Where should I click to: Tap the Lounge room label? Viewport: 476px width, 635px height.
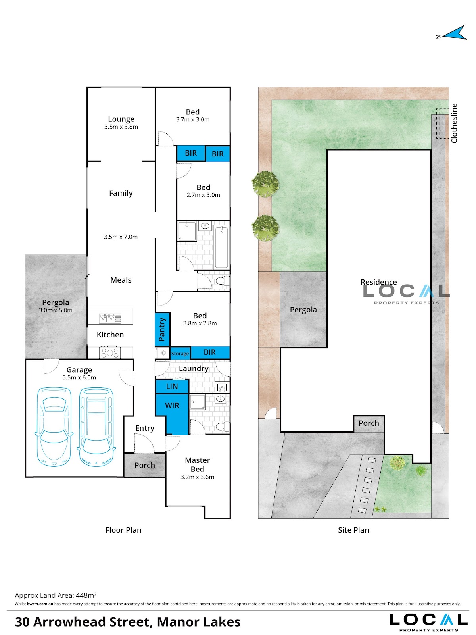pyautogui.click(x=121, y=119)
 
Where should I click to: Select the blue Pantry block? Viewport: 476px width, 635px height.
pyautogui.click(x=162, y=329)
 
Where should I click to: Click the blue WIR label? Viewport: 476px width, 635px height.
pyautogui.click(x=172, y=405)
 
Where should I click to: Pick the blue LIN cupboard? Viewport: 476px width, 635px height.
pyautogui.click(x=172, y=386)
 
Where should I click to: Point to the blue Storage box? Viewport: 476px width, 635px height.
pyautogui.click(x=180, y=353)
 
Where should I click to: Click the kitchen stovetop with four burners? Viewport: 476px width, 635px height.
pyautogui.click(x=110, y=353)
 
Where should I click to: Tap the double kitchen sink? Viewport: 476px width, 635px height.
pyautogui.click(x=110, y=318)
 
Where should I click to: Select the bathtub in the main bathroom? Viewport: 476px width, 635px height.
pyautogui.click(x=221, y=248)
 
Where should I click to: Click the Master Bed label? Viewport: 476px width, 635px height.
pyautogui.click(x=198, y=464)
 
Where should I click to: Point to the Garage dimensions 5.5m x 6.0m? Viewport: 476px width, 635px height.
pyautogui.click(x=79, y=377)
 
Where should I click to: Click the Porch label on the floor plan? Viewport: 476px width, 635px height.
pyautogui.click(x=145, y=465)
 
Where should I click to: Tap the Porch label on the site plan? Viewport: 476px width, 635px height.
pyautogui.click(x=369, y=423)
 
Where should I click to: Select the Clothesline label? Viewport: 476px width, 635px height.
pyautogui.click(x=454, y=123)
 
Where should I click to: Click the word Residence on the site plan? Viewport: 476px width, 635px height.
pyautogui.click(x=378, y=282)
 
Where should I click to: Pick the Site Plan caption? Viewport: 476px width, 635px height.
pyautogui.click(x=353, y=530)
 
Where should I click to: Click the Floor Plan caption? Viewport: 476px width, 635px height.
pyautogui.click(x=123, y=530)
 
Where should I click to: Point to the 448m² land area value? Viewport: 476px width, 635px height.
pyautogui.click(x=86, y=595)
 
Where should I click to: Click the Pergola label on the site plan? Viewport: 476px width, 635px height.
pyautogui.click(x=303, y=310)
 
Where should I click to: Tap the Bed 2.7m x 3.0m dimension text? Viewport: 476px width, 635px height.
pyautogui.click(x=203, y=195)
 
